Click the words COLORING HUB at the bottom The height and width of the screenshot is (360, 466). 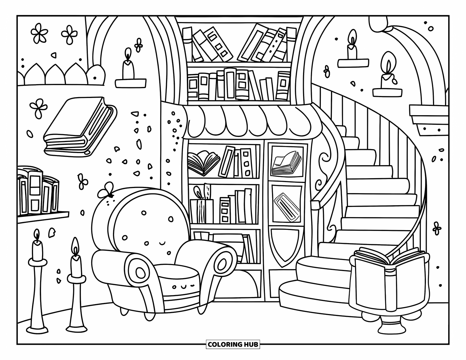click(233, 344)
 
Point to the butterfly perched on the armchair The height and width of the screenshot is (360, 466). click(106, 190)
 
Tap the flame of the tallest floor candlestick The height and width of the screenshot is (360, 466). click(36, 234)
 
